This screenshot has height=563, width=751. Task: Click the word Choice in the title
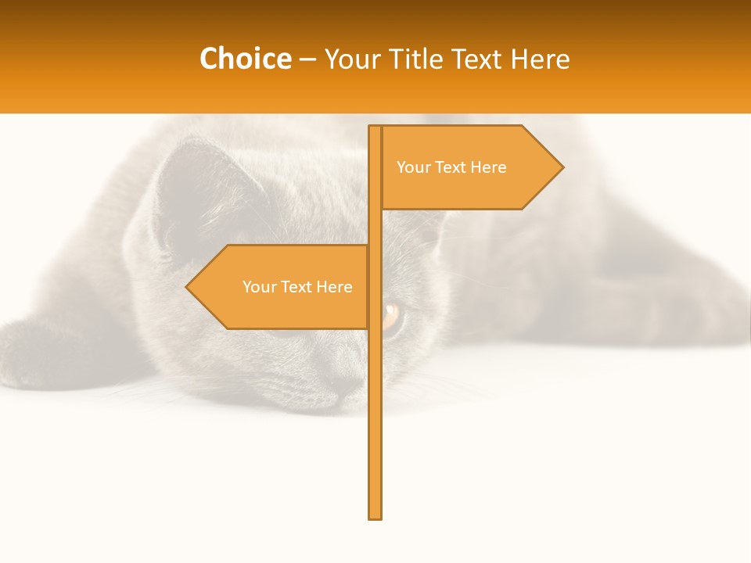click(x=245, y=59)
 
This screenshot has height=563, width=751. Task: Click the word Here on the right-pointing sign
click(x=490, y=167)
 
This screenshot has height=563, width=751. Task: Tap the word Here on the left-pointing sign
click(x=336, y=287)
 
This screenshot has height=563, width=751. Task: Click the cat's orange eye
click(x=391, y=316)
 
